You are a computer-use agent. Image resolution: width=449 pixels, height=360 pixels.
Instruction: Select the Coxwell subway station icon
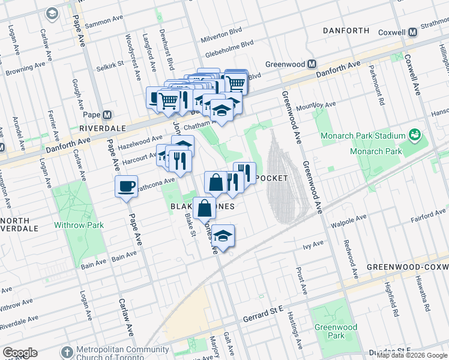coord(412,32)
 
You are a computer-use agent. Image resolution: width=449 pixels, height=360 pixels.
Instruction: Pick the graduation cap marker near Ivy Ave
coord(223,235)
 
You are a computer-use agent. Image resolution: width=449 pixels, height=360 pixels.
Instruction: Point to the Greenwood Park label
coord(335,331)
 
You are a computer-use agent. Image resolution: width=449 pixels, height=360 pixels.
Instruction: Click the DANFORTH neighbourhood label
coord(345,30)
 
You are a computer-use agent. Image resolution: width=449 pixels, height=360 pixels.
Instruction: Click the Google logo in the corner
coord(20,353)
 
